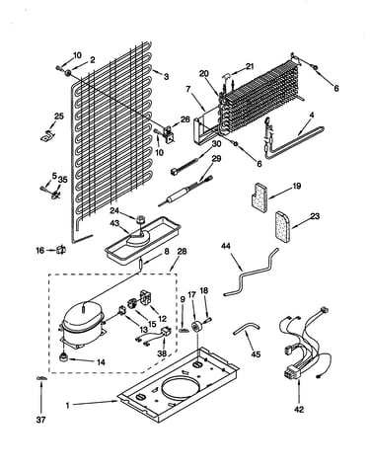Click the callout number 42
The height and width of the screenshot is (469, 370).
coord(299,410)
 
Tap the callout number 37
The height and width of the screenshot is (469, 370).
coord(41,420)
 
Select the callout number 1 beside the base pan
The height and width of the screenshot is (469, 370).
coord(68,406)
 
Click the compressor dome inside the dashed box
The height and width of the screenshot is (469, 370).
coord(83,318)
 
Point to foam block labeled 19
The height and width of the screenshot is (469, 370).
coord(259,197)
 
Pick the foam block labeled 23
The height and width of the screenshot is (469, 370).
coord(283,227)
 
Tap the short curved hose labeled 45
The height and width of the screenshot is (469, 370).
coord(246,329)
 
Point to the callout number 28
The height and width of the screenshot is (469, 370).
coord(182,252)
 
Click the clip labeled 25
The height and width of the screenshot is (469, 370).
coord(48,136)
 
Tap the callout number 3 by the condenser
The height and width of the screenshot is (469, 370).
coord(167,77)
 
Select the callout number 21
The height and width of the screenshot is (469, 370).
coord(250,66)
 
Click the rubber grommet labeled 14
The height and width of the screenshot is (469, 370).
coord(63,356)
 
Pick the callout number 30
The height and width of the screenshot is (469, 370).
coord(216,144)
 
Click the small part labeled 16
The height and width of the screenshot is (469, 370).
coord(61,250)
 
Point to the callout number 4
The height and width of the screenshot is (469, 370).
coord(312,116)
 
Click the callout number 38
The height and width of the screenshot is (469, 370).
coord(162,353)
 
